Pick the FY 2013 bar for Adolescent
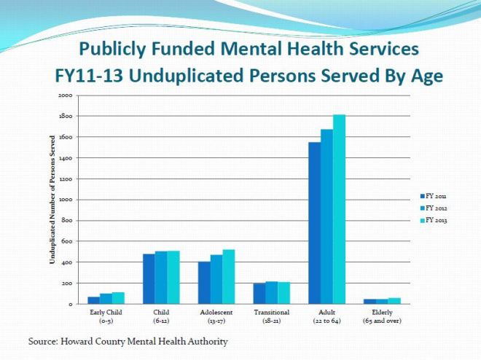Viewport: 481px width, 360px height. click(x=229, y=277)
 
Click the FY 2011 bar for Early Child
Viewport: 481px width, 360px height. click(x=93, y=300)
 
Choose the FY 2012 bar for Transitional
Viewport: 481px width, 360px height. click(x=272, y=293)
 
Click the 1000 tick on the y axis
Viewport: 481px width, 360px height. click(x=66, y=200)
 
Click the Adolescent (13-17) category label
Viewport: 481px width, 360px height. click(x=216, y=316)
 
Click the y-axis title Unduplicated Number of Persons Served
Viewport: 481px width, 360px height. click(x=53, y=200)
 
